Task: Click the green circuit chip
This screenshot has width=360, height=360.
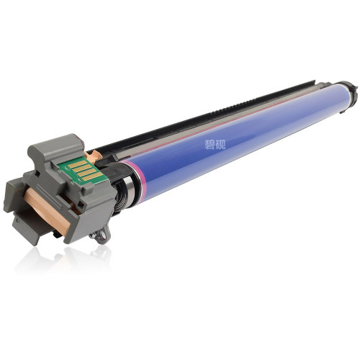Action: coord(82,171)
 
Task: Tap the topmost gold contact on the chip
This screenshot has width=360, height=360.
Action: coord(78,164)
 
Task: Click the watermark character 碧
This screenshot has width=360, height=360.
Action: coord(210,145)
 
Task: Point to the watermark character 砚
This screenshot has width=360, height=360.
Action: coord(220,145)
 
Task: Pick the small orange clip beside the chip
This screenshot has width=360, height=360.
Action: coord(94,156)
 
